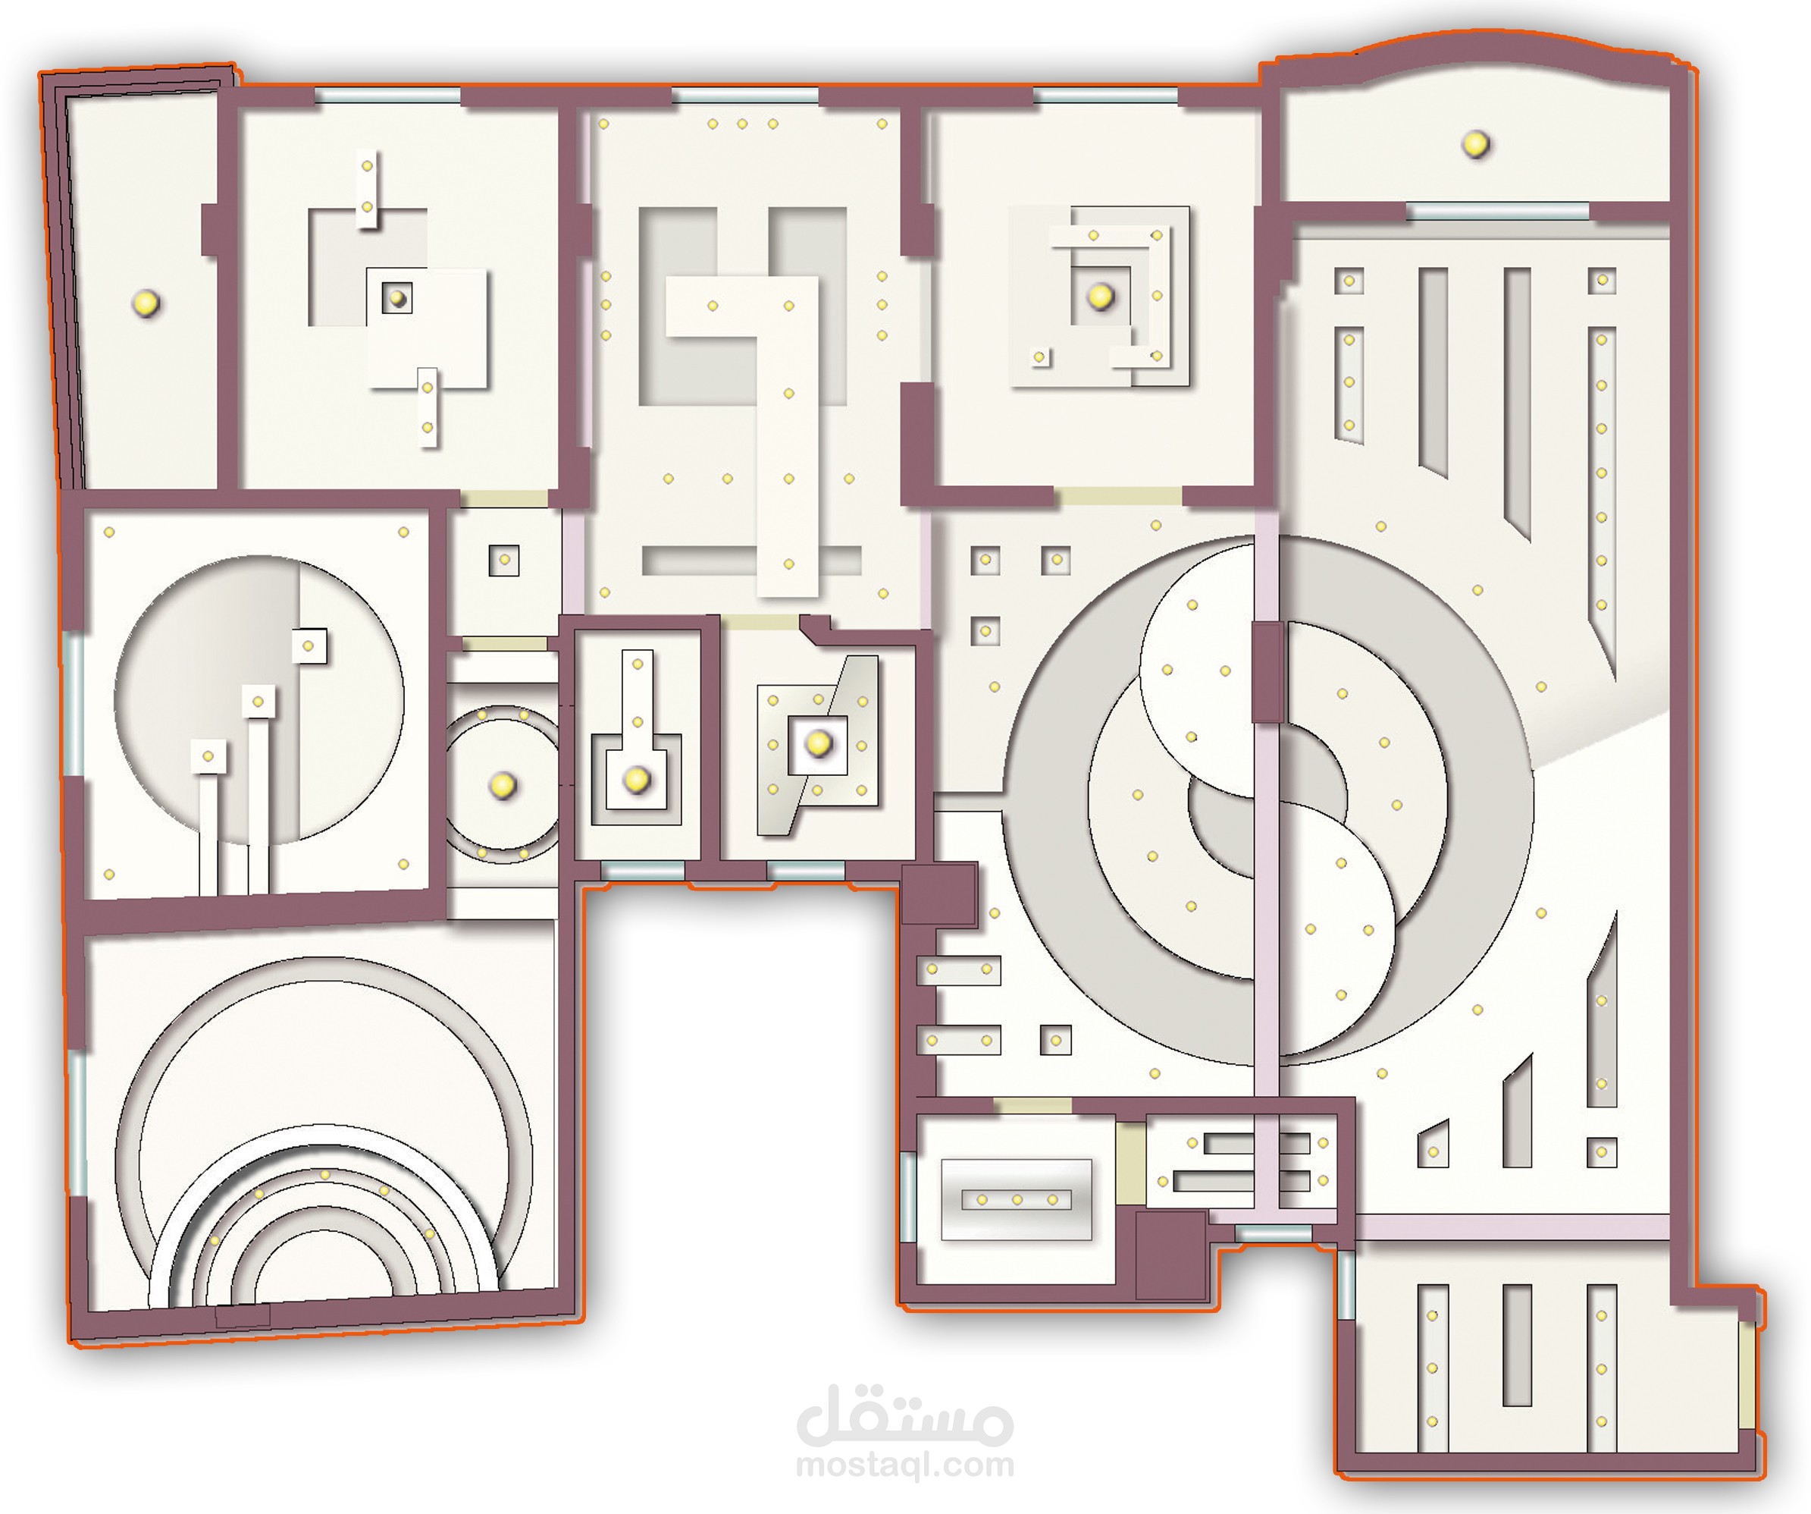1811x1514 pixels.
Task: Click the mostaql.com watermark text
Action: [904, 1465]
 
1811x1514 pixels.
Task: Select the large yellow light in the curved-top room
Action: [1475, 143]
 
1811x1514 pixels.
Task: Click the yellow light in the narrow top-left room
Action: [145, 303]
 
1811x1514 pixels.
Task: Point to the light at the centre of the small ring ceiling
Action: [502, 785]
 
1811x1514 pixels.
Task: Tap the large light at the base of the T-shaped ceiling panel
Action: [637, 780]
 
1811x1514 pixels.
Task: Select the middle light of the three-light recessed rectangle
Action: [1017, 1200]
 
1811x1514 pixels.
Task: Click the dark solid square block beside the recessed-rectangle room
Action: [1170, 1255]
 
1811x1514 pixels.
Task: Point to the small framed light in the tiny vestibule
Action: [505, 560]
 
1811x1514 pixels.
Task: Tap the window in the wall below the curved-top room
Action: [1497, 212]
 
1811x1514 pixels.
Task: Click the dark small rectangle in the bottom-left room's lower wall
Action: [243, 1315]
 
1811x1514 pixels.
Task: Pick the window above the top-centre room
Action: [745, 96]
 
